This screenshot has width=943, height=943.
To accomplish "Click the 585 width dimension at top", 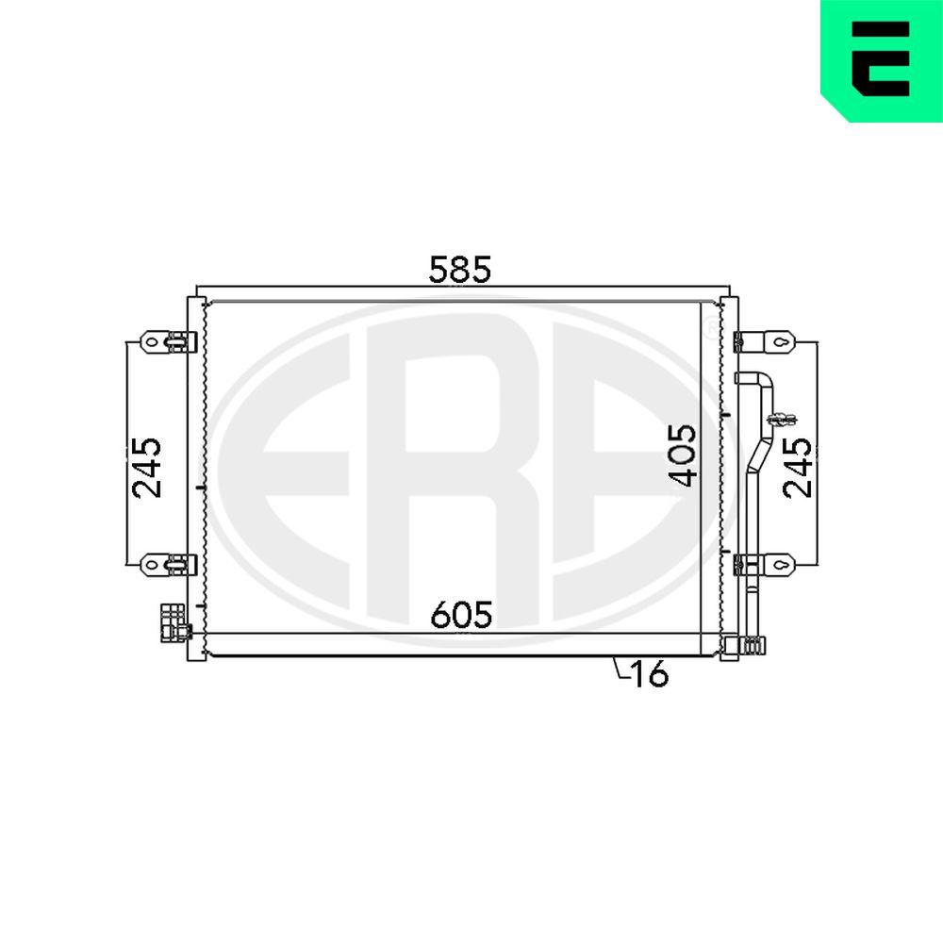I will pos(460,270).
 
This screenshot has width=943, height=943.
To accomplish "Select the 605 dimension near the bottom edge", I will pos(461,616).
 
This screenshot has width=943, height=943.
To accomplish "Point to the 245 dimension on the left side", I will pos(147,467).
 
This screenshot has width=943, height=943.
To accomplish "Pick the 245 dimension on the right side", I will pos(797,467).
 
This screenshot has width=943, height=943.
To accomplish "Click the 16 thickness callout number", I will pos(650,674).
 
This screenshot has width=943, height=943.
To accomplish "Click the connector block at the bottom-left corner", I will pos(173,623).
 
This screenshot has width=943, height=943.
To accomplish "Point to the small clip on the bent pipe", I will pos(782,418).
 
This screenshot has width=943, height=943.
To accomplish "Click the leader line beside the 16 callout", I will pos(620,669).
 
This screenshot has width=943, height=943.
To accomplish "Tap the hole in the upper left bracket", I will pos(151,340).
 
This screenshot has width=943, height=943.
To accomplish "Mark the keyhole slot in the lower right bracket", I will pos(782,564).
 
